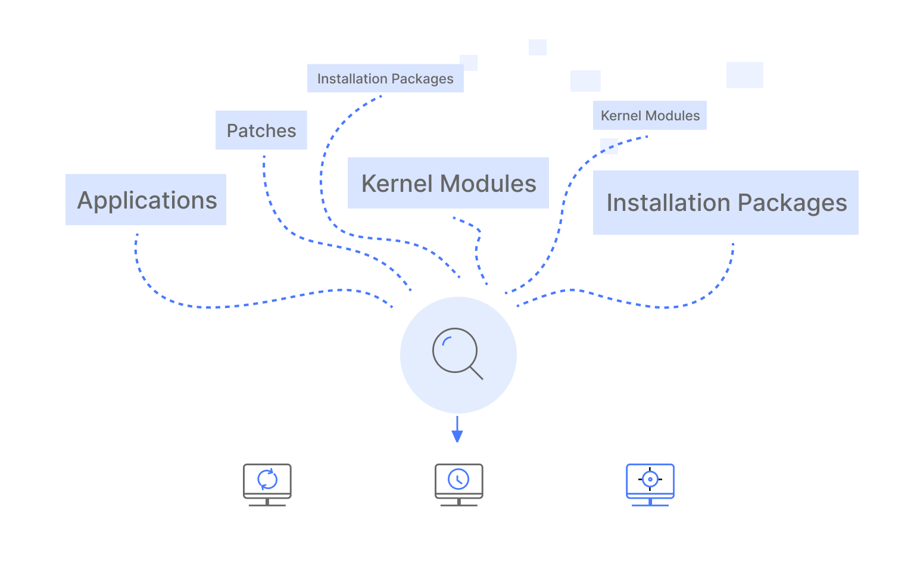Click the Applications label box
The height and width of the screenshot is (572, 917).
click(146, 200)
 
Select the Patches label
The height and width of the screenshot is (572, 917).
click(261, 130)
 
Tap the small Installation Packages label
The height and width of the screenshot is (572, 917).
click(385, 79)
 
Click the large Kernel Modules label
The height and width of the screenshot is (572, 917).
click(448, 184)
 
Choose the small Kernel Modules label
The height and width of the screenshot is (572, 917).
click(650, 116)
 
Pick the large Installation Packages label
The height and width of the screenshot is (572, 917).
click(726, 203)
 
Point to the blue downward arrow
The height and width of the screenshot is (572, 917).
click(457, 430)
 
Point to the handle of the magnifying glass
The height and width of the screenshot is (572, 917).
click(476, 373)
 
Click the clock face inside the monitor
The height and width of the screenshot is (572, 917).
click(458, 479)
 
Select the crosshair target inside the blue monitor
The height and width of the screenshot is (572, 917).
click(650, 479)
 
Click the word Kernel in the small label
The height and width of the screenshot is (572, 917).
click(620, 116)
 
